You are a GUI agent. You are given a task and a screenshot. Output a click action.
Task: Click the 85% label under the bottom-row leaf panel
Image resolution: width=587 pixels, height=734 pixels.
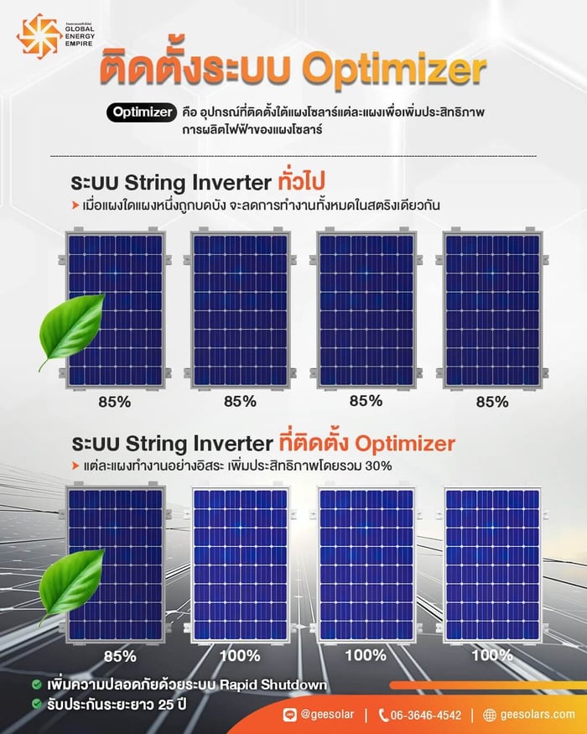114,655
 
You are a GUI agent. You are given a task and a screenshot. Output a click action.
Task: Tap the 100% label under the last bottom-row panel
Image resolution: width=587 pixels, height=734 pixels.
491,654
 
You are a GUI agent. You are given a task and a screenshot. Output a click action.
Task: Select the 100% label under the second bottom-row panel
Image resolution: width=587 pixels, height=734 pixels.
240,655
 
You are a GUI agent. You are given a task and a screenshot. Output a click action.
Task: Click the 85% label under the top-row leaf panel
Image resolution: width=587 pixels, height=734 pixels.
114,401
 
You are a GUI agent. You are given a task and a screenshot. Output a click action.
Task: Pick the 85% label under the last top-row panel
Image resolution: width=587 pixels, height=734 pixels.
491,401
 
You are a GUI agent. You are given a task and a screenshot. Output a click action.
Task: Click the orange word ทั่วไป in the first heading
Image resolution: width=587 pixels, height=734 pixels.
301,181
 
